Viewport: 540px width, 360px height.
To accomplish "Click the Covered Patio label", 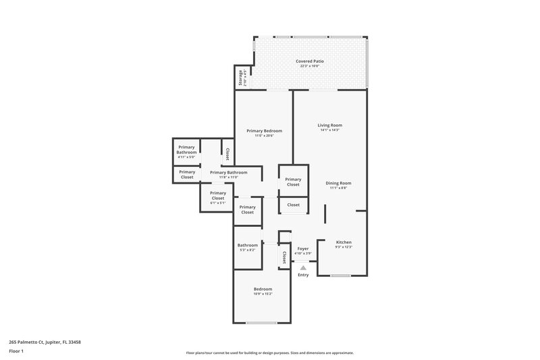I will pyautogui.click(x=310, y=61).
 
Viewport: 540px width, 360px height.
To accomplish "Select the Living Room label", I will pyautogui.click(x=330, y=125).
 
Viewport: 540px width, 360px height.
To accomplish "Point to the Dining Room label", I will pyautogui.click(x=339, y=182).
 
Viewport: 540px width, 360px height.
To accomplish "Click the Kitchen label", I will pyautogui.click(x=344, y=242).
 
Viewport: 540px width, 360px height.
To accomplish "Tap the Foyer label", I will pyautogui.click(x=303, y=249).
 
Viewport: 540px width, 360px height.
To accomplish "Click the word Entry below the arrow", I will pyautogui.click(x=303, y=274).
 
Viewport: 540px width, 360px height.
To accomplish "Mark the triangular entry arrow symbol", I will pyautogui.click(x=303, y=267).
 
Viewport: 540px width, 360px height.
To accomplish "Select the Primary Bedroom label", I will pyautogui.click(x=264, y=130).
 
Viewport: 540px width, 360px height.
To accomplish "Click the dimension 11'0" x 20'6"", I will pyautogui.click(x=264, y=136).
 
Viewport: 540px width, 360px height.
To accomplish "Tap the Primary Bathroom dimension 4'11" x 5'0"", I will pyautogui.click(x=186, y=157).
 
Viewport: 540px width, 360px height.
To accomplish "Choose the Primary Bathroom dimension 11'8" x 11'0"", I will pyautogui.click(x=228, y=177).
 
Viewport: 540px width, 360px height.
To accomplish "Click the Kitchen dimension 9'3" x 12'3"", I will pyautogui.click(x=344, y=247).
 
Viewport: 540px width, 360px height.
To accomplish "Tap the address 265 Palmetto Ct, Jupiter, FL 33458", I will pyautogui.click(x=46, y=342).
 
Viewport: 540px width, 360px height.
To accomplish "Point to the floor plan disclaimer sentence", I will pyautogui.click(x=270, y=353).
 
